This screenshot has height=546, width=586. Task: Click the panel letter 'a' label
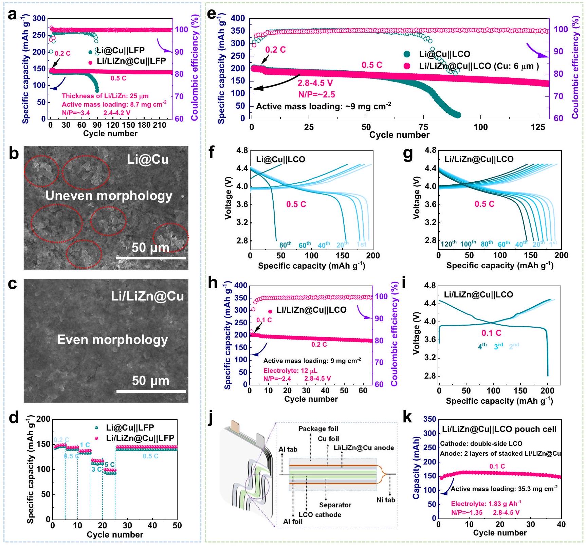pyautogui.click(x=12, y=15)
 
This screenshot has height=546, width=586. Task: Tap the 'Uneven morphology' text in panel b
pyautogui.click(x=109, y=196)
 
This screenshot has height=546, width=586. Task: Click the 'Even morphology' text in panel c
pyautogui.click(x=112, y=340)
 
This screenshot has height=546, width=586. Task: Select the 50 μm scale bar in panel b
pyautogui.click(x=151, y=258)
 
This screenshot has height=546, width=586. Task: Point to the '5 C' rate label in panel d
pyautogui.click(x=110, y=465)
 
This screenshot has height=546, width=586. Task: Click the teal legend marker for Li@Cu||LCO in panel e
pyautogui.click(x=407, y=54)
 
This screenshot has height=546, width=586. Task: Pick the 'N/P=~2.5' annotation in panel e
pyautogui.click(x=316, y=94)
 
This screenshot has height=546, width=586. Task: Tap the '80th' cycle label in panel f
pyautogui.click(x=285, y=245)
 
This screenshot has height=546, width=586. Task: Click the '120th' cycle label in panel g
pyautogui.click(x=448, y=244)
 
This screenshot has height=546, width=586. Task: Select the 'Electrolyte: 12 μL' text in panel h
pyautogui.click(x=290, y=370)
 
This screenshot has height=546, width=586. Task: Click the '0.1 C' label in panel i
pyautogui.click(x=491, y=333)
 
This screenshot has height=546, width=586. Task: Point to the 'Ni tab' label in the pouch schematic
pyautogui.click(x=386, y=500)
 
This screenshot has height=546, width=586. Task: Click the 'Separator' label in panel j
pyautogui.click(x=335, y=505)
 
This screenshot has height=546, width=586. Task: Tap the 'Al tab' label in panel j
pyautogui.click(x=288, y=450)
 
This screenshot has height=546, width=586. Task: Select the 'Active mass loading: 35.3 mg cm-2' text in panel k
pyautogui.click(x=504, y=489)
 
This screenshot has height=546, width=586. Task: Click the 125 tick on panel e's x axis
pyautogui.click(x=538, y=127)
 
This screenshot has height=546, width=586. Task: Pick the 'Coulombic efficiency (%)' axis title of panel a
pyautogui.click(x=195, y=67)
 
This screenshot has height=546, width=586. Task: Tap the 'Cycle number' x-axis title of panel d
pyautogui.click(x=115, y=534)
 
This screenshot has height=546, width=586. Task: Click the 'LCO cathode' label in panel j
pyautogui.click(x=319, y=514)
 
